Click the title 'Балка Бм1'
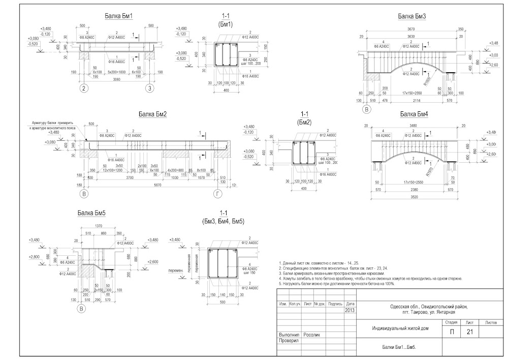click(118, 16)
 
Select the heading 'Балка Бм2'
click(152, 114)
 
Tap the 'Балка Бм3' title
click(412, 16)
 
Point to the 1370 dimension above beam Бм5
click(100, 226)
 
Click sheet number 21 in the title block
click(470, 332)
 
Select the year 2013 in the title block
click(350, 310)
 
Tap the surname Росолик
click(312, 335)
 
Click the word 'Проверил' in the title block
click(289, 341)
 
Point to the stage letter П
click(451, 332)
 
